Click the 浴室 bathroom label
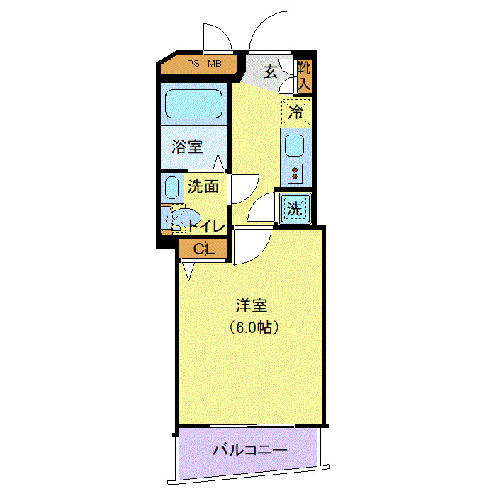tap(188, 147)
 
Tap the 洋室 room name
tap(252, 306)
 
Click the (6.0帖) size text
tap(252, 327)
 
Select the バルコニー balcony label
tap(249, 450)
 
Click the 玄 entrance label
tap(271, 71)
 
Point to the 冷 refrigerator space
tap(296, 112)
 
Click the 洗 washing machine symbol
tap(295, 209)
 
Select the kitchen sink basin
tap(295, 146)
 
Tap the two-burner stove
tap(295, 171)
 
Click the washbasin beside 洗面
tap(171, 188)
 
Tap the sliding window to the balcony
tap(252, 425)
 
